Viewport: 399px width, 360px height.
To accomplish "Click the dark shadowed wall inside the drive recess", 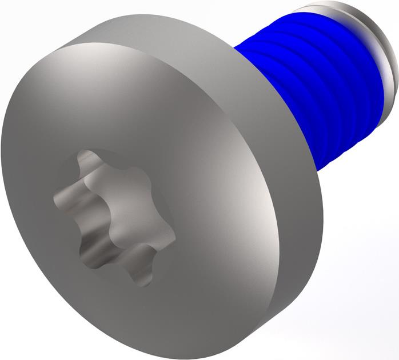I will [x=94, y=251].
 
